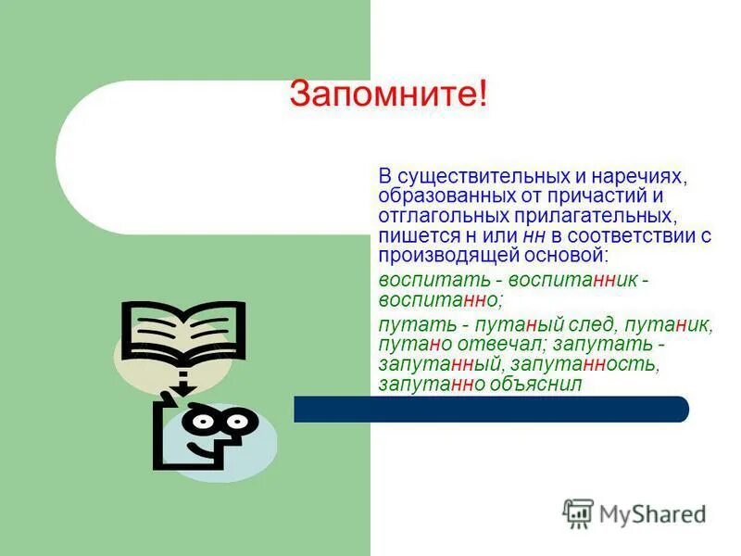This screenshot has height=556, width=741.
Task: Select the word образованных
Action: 440,196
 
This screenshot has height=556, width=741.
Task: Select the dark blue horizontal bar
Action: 491,409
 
